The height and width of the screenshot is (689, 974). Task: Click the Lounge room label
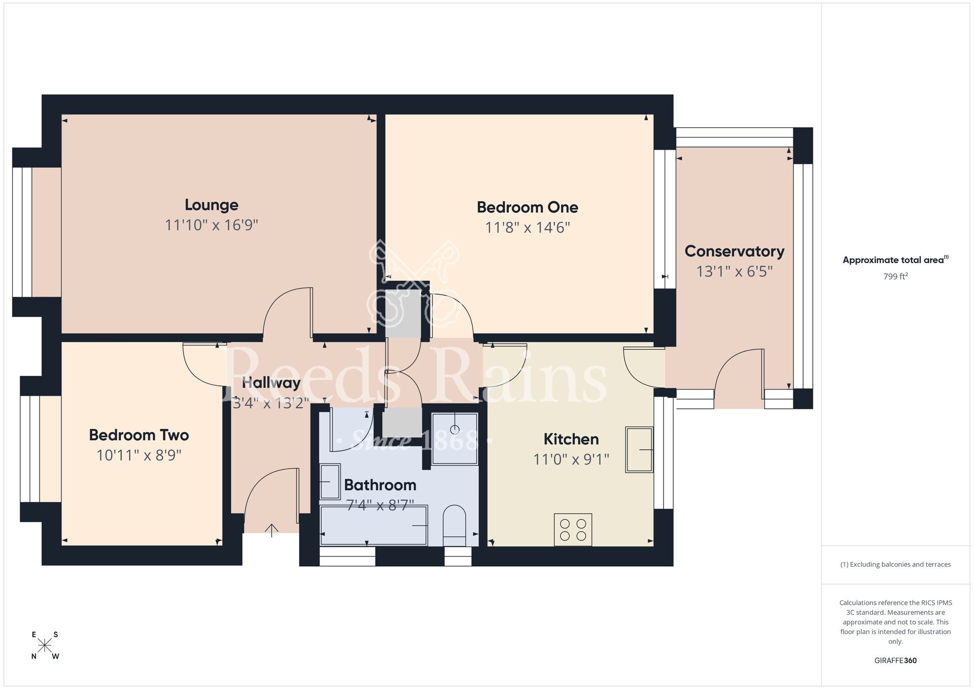click(211, 205)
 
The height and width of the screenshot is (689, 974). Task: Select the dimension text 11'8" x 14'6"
click(527, 228)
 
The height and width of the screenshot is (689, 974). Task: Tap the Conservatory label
click(734, 251)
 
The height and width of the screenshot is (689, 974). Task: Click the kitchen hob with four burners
click(573, 530)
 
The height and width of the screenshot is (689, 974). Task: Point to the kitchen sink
click(639, 450)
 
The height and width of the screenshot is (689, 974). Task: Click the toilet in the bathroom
click(454, 525)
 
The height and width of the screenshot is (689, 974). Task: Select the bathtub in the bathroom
click(374, 525)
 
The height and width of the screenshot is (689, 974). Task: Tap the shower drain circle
click(454, 429)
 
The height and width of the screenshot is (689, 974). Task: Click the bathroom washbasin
click(330, 482)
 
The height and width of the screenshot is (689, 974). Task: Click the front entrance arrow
click(271, 530)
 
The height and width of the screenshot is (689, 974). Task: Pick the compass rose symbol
click(45, 646)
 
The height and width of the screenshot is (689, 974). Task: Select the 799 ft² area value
click(895, 276)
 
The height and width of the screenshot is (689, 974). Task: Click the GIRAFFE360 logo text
click(895, 661)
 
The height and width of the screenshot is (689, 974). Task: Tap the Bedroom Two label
click(139, 435)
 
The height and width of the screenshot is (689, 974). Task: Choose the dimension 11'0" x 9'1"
click(571, 459)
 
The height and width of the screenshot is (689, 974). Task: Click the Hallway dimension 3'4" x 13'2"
click(271, 403)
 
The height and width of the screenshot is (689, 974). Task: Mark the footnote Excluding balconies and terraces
click(895, 564)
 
